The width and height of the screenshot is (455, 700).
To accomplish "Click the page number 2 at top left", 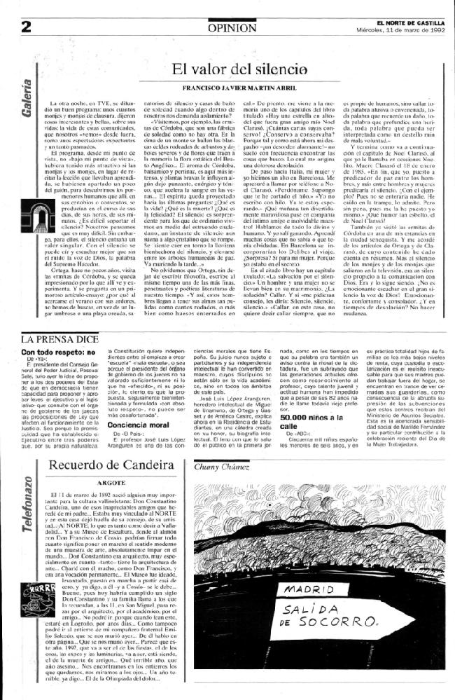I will tap(27, 27).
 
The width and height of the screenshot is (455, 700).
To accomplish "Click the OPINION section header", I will tap(232, 27).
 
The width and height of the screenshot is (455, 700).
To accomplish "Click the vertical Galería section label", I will tap(27, 91).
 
